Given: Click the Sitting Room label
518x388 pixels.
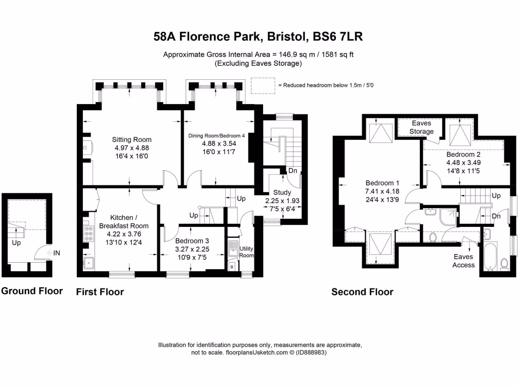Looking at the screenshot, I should (x=132, y=140).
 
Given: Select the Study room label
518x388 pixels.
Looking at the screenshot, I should (x=282, y=192).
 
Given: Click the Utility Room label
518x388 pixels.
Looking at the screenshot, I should (x=246, y=252).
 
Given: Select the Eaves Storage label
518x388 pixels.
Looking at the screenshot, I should (x=422, y=127).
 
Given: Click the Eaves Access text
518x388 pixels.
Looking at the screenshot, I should (x=463, y=261).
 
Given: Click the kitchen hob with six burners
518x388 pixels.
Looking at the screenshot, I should (x=89, y=234).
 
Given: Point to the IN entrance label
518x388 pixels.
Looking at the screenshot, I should (x=57, y=253).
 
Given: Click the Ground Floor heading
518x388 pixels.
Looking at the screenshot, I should (x=32, y=291).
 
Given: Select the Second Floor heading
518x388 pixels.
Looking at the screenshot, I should (x=362, y=292).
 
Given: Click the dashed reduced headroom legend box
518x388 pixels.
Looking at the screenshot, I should (x=263, y=85).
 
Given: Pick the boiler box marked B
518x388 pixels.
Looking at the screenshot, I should (x=232, y=265).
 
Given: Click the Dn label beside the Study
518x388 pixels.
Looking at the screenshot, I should (x=292, y=171).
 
